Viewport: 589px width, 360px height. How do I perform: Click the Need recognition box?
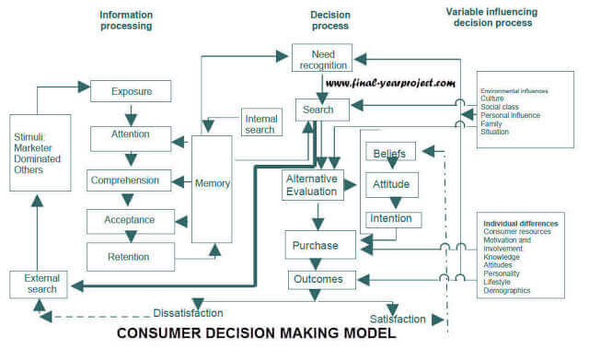[322, 59]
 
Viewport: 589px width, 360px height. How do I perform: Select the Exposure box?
[132, 92]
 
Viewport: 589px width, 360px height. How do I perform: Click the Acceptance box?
[130, 221]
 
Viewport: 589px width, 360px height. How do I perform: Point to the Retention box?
[129, 256]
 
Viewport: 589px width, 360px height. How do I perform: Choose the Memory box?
[212, 185]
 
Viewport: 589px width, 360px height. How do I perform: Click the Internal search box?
[260, 123]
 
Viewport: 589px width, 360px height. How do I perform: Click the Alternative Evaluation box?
[312, 184]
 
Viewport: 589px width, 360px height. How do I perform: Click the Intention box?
[395, 219]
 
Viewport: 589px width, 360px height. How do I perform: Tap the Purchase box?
[316, 246]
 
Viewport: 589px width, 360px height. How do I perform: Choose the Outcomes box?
[318, 279]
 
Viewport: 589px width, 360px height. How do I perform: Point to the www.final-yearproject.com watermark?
[391, 83]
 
